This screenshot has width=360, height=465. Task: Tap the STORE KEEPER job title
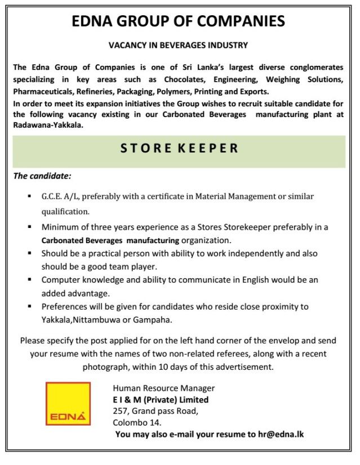(x=179, y=149)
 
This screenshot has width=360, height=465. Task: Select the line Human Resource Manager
(x=163, y=388)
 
